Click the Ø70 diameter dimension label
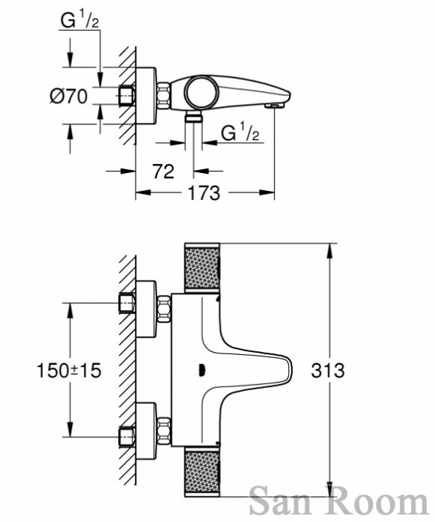(69, 97)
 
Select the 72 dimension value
(163, 172)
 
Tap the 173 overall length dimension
(204, 192)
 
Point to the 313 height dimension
(328, 370)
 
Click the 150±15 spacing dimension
(69, 371)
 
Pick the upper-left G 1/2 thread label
(80, 20)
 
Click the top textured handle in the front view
(202, 267)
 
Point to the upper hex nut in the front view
(164, 309)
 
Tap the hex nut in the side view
(164, 96)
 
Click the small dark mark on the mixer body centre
(201, 370)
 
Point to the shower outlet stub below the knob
(194, 117)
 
